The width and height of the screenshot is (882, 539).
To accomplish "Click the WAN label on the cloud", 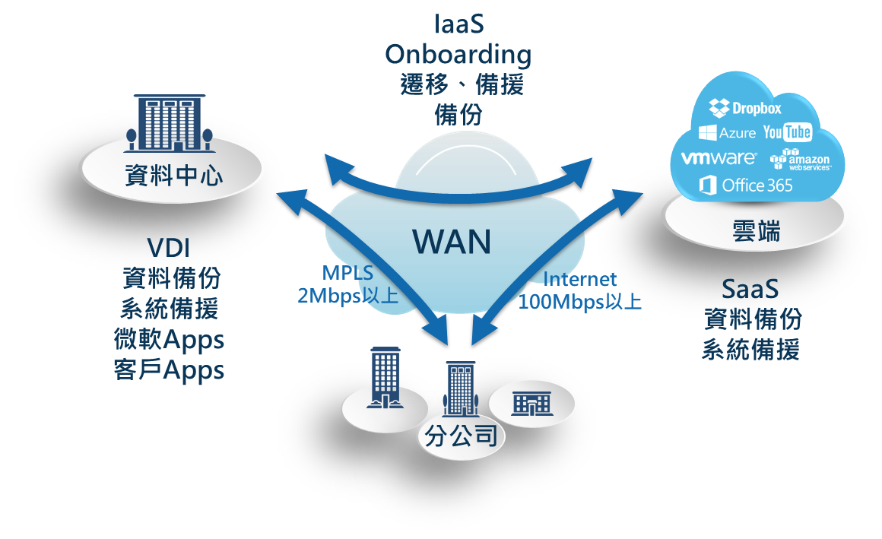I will (452, 242).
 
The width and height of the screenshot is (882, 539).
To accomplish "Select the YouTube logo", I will (787, 132).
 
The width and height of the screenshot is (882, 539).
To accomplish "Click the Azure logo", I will (728, 133).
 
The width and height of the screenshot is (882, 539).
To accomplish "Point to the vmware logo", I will (719, 158).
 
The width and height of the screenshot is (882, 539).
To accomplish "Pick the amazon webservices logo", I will (801, 159).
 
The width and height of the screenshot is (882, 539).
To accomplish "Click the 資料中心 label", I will (174, 176).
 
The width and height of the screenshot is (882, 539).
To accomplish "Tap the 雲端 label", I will (754, 231).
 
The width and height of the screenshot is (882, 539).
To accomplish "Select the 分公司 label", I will (458, 436).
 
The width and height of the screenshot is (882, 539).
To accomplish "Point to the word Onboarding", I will (458, 54).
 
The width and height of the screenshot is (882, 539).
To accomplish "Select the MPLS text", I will (347, 273).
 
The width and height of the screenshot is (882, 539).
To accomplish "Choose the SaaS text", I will (750, 289).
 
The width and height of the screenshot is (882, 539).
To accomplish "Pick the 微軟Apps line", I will (169, 339).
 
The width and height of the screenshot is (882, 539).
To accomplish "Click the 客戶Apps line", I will (169, 370).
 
